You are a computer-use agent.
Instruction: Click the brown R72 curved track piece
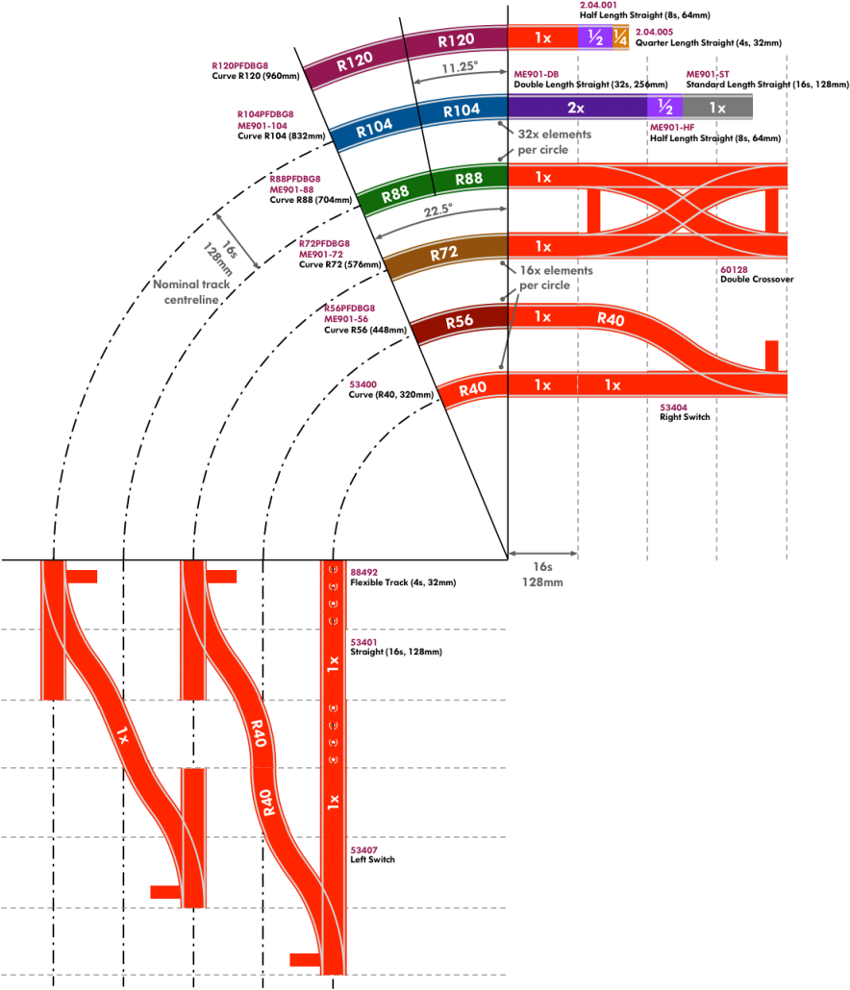click(x=444, y=255)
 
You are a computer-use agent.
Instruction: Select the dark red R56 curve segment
click(x=459, y=322)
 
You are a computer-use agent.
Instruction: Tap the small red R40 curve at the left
click(x=472, y=389)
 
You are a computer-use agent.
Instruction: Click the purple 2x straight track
click(x=576, y=108)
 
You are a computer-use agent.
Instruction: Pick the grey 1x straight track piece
click(x=717, y=108)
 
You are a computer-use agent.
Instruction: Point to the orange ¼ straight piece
click(x=620, y=37)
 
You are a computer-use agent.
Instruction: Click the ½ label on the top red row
click(x=595, y=37)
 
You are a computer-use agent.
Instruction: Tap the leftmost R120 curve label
click(x=355, y=62)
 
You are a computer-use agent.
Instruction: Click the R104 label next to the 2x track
click(x=462, y=110)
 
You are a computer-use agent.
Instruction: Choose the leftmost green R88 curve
click(x=395, y=195)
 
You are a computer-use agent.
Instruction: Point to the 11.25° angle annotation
click(x=461, y=69)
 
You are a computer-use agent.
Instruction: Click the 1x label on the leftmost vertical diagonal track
click(x=122, y=737)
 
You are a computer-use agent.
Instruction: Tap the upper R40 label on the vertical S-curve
click(x=256, y=734)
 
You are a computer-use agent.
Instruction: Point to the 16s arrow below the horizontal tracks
click(x=543, y=554)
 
